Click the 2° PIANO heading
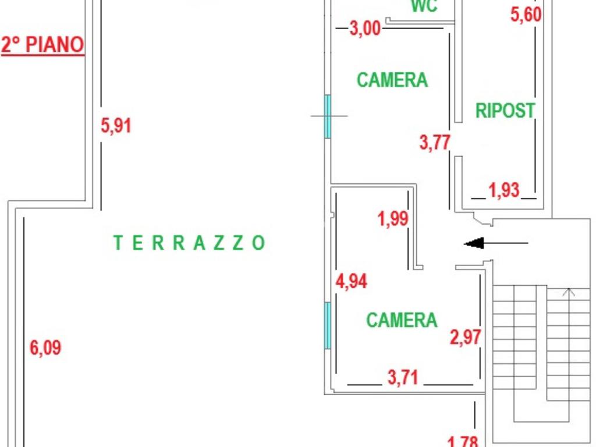pos(42,45)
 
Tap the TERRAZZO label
pos(189,243)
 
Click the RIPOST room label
pos(505,110)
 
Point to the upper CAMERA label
pos(392,80)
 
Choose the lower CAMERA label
pos(402,320)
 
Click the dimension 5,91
pos(116,125)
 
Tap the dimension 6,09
pos(45,348)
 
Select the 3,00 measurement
pos(366,28)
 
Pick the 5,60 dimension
pos(526,15)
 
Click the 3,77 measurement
pos(435,142)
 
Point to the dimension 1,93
pos(504,190)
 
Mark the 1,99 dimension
pos(393,219)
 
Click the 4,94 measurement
pos(352,281)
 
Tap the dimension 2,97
pos(466,336)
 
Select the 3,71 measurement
pos(403,377)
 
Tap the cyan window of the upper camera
pos(327,116)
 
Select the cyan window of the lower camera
pos(327,325)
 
